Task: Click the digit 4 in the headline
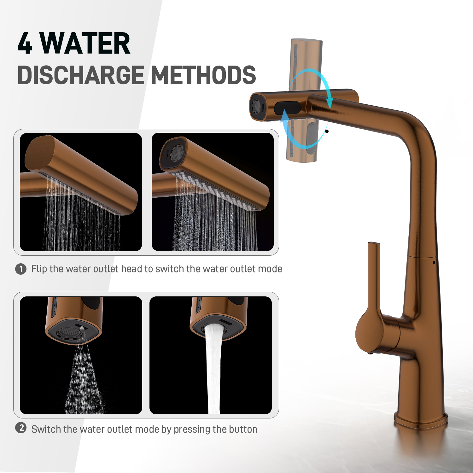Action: [25, 43]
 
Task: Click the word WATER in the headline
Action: [85, 43]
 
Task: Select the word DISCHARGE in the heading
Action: [81, 75]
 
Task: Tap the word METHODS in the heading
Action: [204, 75]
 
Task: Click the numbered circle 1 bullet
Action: [21, 269]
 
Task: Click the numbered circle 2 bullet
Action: [21, 428]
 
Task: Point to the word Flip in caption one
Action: [39, 269]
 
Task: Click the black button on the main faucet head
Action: [287, 108]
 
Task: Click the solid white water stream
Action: [213, 369]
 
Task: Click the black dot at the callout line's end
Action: [327, 131]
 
